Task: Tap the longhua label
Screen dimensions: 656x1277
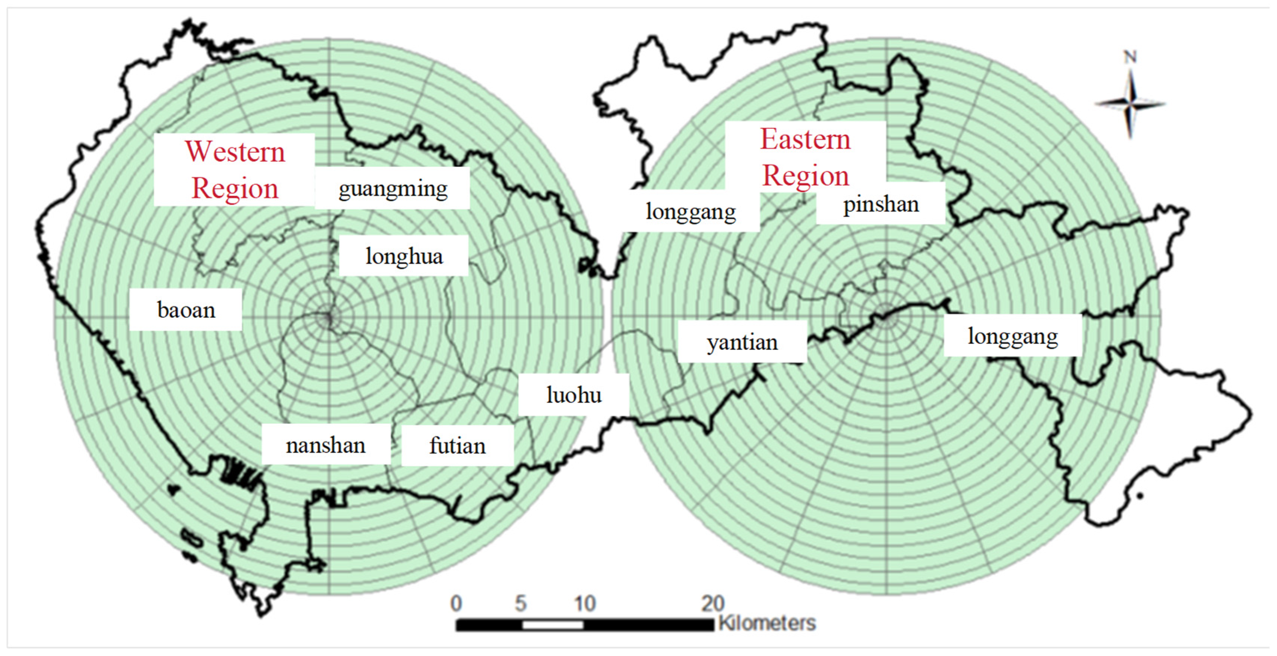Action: pyautogui.click(x=404, y=257)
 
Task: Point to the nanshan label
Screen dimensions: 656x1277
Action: pyautogui.click(x=326, y=445)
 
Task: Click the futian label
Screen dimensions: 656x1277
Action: pyautogui.click(x=457, y=446)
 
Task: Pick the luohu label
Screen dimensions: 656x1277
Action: pyautogui.click(x=574, y=395)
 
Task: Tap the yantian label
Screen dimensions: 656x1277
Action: pyautogui.click(x=742, y=342)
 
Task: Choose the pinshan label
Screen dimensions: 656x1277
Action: pyautogui.click(x=881, y=204)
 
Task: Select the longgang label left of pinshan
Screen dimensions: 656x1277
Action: pyautogui.click(x=691, y=212)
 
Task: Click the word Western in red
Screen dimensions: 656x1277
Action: pyautogui.click(x=235, y=152)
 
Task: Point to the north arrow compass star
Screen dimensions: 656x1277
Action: pyautogui.click(x=1130, y=104)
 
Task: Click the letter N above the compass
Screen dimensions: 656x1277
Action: pyautogui.click(x=1130, y=57)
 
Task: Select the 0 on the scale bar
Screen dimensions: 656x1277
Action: pyautogui.click(x=456, y=603)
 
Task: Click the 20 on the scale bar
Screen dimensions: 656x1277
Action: pyautogui.click(x=712, y=603)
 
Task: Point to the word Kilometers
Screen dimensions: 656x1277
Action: pyautogui.click(x=767, y=623)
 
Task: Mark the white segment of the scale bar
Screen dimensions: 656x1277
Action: pyautogui.click(x=552, y=625)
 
